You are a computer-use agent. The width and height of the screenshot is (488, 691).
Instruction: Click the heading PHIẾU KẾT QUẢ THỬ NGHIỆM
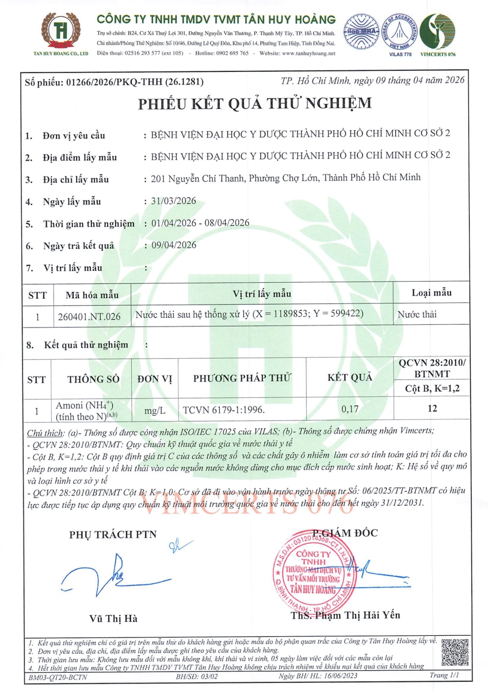[254, 104]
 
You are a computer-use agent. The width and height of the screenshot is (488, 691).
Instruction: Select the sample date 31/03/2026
[173, 201]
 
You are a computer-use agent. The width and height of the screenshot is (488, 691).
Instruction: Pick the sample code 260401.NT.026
[90, 316]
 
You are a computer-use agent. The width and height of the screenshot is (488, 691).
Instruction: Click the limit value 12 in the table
[433, 409]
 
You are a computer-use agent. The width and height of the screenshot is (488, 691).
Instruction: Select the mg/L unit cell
[155, 411]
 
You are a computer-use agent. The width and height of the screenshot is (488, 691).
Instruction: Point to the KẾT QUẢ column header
[350, 378]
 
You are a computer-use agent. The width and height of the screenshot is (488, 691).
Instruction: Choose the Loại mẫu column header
[432, 293]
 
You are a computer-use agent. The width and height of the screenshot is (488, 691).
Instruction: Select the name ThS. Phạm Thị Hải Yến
[345, 615]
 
